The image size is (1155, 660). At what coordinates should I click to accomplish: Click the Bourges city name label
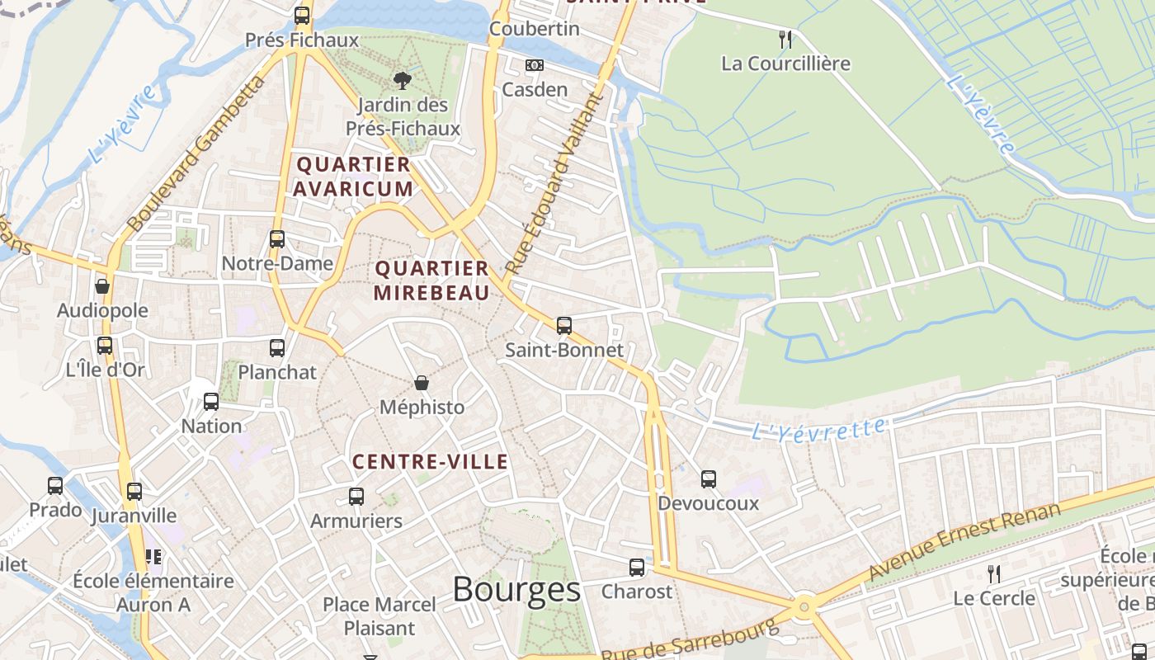point(516,589)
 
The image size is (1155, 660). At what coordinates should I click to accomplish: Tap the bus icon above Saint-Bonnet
point(564,326)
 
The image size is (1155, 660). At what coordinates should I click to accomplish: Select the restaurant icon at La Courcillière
point(785,39)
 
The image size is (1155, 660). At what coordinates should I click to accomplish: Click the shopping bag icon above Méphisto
point(422,383)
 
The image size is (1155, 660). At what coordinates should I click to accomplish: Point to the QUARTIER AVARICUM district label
point(353,177)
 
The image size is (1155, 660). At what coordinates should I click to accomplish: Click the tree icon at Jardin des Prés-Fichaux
point(403,80)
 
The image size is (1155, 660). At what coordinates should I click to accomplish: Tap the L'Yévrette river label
point(818,429)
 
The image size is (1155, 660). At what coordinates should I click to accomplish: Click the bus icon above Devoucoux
point(709,479)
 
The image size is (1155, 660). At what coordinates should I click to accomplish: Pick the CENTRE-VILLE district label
point(431,462)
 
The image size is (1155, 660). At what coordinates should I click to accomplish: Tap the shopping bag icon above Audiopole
point(102,286)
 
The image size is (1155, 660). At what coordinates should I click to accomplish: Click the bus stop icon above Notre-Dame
point(277,239)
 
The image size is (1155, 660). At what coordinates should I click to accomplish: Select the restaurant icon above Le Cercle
point(994,573)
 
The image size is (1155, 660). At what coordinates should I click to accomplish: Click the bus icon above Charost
point(637,568)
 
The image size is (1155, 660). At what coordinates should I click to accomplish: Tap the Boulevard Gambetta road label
point(196,153)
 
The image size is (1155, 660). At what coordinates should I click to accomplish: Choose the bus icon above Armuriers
point(356,497)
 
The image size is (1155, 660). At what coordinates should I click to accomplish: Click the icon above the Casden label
point(535,65)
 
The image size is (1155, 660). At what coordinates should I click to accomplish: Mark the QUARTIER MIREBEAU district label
point(431,280)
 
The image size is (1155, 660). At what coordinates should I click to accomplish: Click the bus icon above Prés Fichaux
point(302,16)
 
